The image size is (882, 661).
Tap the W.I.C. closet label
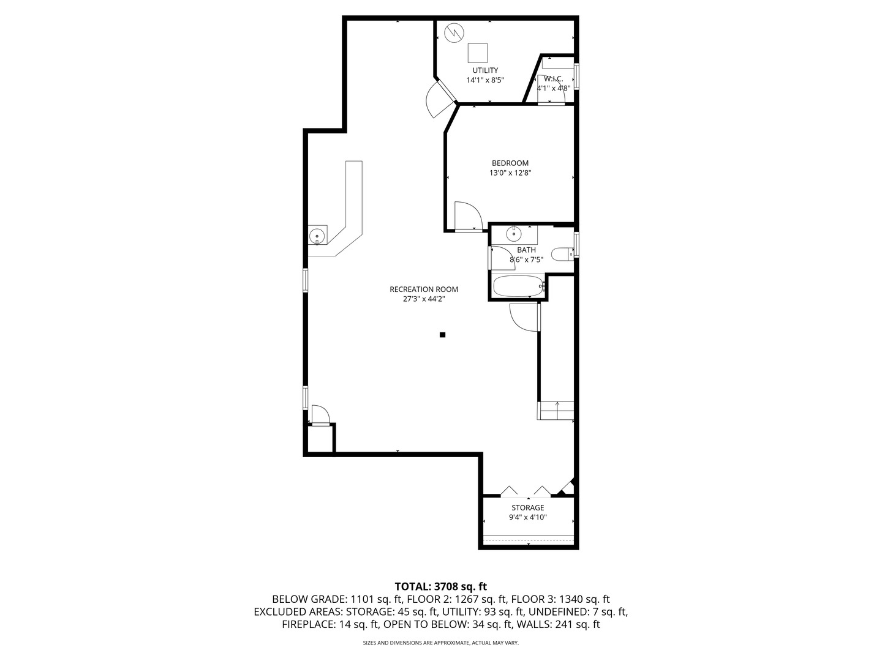pos(554,79)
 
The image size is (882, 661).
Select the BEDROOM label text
pos(510,163)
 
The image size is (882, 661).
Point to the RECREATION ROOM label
pos(424,289)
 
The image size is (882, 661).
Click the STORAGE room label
pos(527,508)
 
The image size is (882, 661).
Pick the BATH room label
pos(526,250)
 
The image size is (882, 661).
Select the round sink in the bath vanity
pos(513,234)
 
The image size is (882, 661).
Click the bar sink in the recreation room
pos(317,235)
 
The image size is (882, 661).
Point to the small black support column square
pos(442,335)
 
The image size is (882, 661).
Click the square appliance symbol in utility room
pos(478,53)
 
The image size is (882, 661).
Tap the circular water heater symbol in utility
pos(453,32)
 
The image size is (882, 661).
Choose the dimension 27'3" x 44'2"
pos(424,299)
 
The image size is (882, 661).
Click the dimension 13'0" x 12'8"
pos(510,173)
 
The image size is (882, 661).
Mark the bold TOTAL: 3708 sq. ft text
pos(440,586)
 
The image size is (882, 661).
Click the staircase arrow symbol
pos(557,404)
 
